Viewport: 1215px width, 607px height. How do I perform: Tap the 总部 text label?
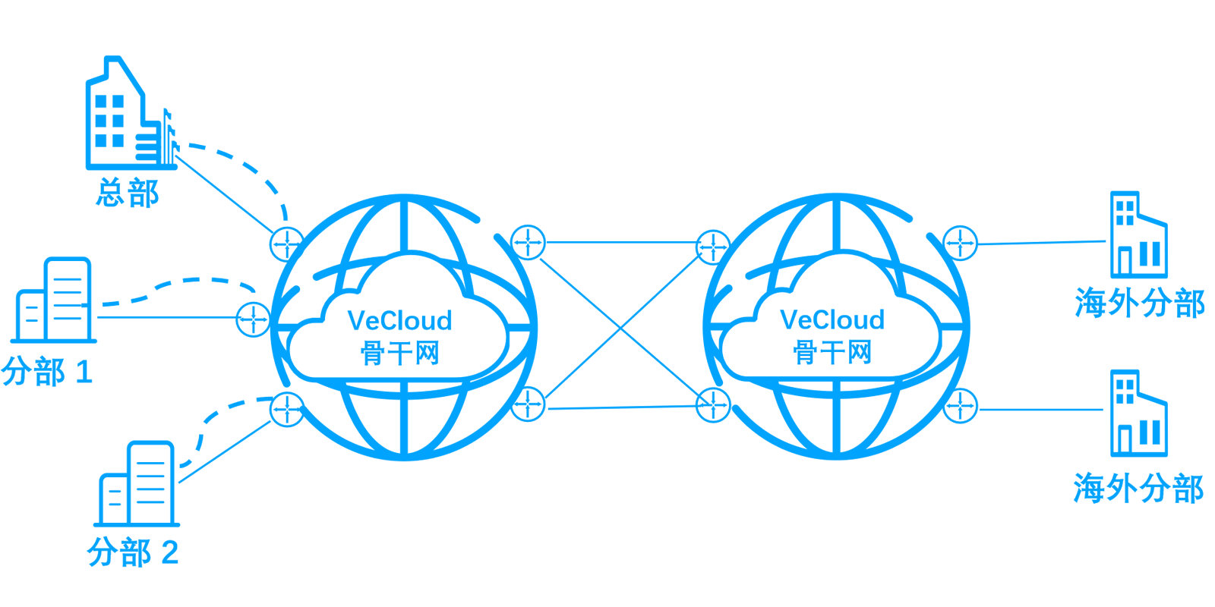coord(128,193)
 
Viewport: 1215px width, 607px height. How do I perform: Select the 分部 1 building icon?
coord(53,300)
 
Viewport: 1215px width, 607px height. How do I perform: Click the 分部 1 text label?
coord(47,372)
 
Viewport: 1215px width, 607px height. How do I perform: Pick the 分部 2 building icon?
coord(137,483)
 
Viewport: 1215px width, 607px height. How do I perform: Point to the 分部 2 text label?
coord(133,552)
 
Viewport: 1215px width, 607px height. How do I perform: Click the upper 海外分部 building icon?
coord(1138,234)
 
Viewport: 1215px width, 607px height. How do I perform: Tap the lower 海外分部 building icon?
coord(1138,413)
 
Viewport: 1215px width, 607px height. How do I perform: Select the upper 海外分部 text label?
coord(1140,303)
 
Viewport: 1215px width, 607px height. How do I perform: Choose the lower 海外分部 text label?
coord(1138,488)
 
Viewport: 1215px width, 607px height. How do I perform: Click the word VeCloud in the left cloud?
coord(399,320)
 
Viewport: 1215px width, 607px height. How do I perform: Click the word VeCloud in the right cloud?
coord(832,319)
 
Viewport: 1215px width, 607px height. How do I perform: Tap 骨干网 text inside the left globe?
coord(399,353)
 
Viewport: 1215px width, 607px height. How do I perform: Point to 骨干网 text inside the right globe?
coord(832,352)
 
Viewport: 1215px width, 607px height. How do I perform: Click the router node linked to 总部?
coord(287,244)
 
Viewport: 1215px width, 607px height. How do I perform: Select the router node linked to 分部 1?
coord(254,319)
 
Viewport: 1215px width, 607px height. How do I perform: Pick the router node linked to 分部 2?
coord(287,409)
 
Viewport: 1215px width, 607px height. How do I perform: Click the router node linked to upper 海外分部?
coord(960,243)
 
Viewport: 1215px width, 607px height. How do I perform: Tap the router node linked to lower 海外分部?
coord(960,405)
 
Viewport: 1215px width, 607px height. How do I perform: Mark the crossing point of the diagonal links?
coord(622,327)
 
